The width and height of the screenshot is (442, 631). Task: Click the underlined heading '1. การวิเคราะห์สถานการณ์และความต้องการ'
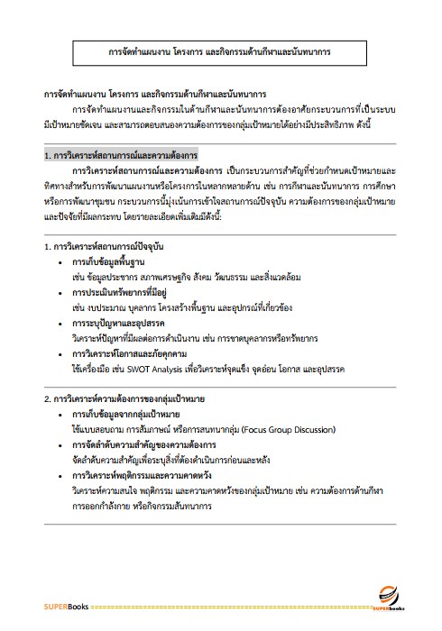click(121, 155)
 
